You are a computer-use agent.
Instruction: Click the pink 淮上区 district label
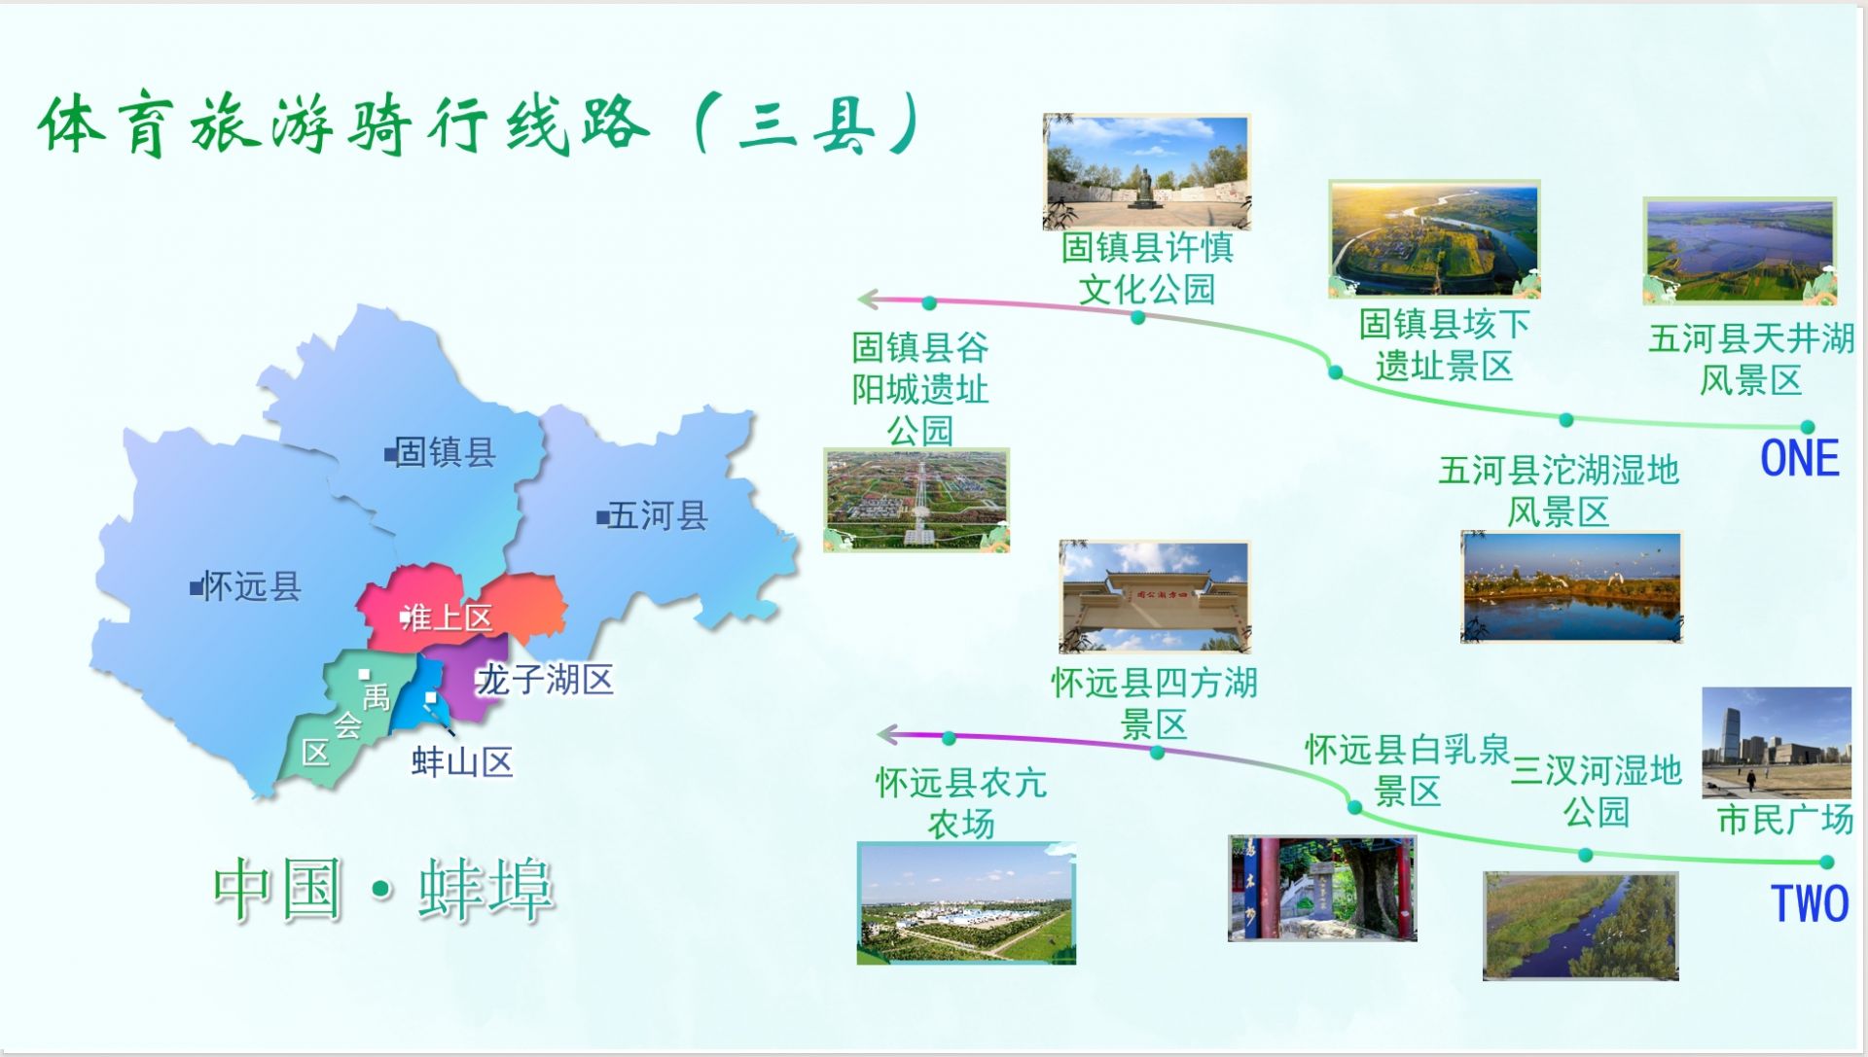(x=447, y=617)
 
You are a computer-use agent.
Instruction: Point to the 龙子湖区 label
(x=545, y=679)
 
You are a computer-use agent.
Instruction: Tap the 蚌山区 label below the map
(x=462, y=761)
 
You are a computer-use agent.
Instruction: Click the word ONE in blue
(x=1800, y=458)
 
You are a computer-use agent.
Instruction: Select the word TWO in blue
(x=1810, y=903)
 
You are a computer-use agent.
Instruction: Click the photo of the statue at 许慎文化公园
(x=1146, y=172)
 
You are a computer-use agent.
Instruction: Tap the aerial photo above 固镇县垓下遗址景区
(x=1434, y=238)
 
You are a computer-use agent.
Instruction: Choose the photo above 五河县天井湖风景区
(x=1740, y=251)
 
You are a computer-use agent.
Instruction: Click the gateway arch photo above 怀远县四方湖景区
(x=1154, y=597)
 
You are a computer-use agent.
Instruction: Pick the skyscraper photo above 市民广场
(x=1777, y=743)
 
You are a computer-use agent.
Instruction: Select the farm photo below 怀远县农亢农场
(x=966, y=903)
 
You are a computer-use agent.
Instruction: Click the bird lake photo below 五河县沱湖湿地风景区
(x=1571, y=586)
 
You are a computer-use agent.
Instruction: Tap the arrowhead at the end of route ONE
(x=869, y=299)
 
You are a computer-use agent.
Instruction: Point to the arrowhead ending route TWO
(x=887, y=734)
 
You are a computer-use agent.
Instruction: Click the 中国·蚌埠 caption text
(x=384, y=889)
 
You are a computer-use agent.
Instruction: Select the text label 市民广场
(x=1785, y=819)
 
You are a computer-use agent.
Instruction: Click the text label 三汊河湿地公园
(x=1597, y=791)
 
